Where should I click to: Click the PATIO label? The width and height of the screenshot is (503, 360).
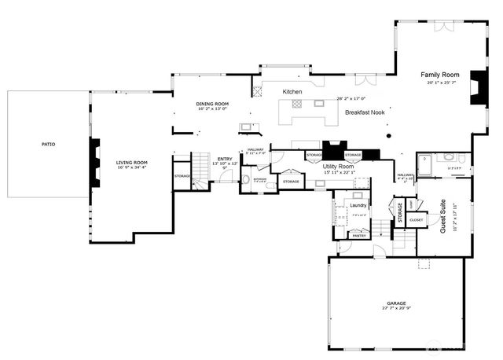click(x=49, y=144)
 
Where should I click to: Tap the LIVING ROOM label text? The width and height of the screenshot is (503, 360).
click(x=132, y=162)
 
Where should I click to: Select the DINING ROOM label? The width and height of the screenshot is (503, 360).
click(x=212, y=104)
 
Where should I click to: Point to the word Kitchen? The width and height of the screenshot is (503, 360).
click(x=292, y=92)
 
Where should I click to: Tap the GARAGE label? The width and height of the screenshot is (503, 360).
click(x=395, y=303)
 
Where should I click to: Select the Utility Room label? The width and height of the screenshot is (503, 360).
click(x=339, y=167)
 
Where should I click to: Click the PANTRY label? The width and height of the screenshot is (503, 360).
click(x=358, y=235)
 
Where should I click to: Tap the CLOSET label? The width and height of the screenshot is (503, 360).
click(x=416, y=220)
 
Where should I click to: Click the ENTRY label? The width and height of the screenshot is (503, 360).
click(x=225, y=158)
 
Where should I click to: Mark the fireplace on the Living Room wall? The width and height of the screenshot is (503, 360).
click(x=95, y=163)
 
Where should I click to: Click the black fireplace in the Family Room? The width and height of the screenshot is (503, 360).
click(x=477, y=88)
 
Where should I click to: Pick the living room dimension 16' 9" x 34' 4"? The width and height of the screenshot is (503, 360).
click(x=132, y=167)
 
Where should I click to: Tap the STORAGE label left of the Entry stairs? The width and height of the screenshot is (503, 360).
click(x=182, y=175)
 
